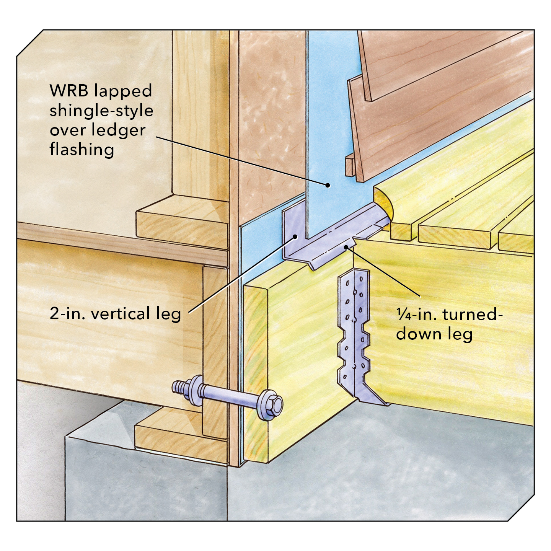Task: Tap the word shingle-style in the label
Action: (x=101, y=111)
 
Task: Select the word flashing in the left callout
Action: (x=82, y=150)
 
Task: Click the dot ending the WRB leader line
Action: (x=328, y=186)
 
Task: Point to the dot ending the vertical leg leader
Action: (x=295, y=237)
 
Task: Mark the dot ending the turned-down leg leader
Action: (x=346, y=248)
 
